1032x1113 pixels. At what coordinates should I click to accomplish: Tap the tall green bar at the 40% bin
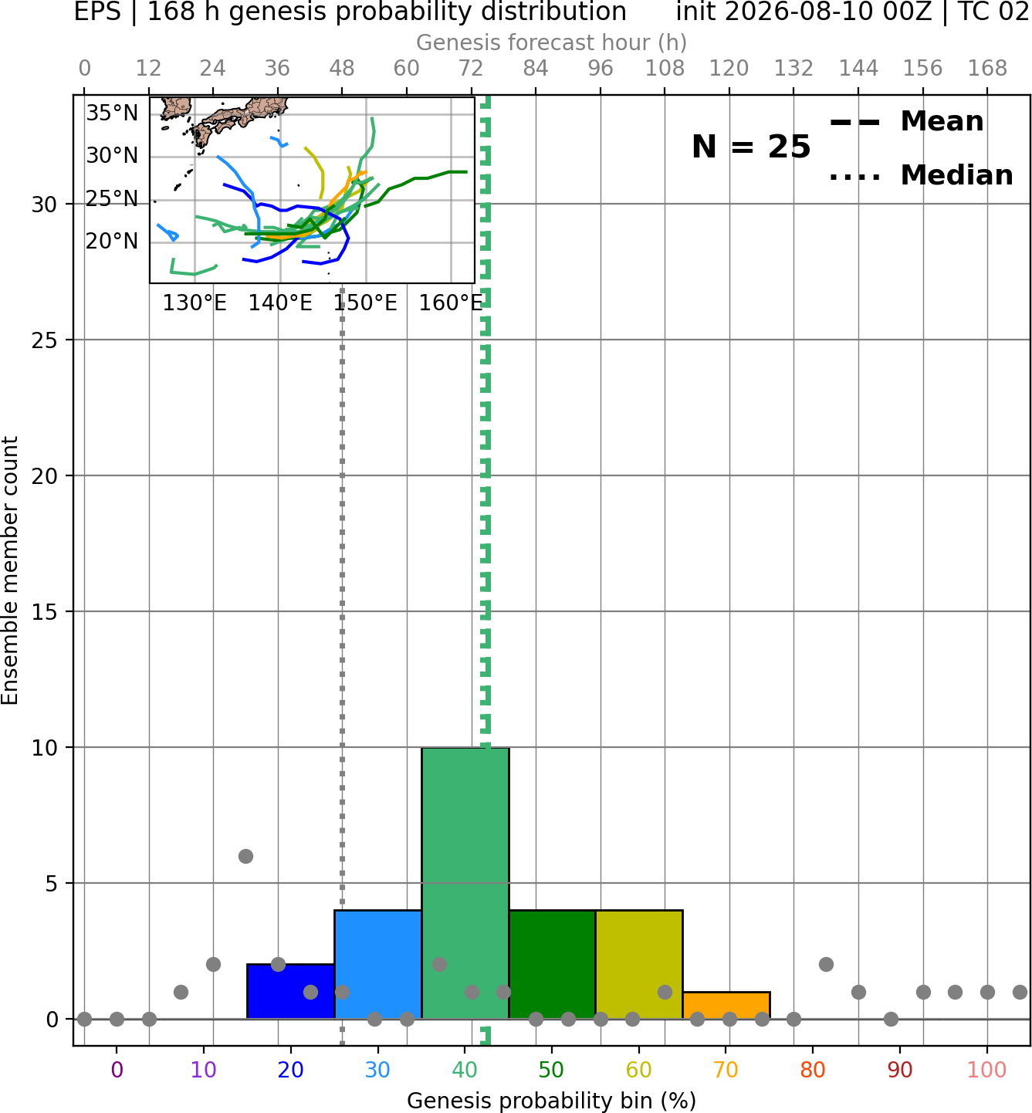pos(465,883)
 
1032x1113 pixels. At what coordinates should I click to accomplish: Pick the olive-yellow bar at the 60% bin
pos(639,965)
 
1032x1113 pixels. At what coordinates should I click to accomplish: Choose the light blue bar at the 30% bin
pos(377,965)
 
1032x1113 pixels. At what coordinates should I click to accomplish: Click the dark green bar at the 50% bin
pos(552,965)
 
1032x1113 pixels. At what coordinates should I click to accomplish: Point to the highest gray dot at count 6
pos(245,856)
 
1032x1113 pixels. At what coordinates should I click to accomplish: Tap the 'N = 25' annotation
pos(751,147)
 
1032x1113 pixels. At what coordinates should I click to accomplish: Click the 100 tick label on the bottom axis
pos(986,1070)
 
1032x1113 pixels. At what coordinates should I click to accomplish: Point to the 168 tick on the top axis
pos(987,69)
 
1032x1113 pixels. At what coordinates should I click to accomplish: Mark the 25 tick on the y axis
pos(45,340)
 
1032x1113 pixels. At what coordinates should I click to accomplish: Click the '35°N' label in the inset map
pos(112,113)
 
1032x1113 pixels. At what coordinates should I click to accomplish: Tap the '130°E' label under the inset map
pos(195,303)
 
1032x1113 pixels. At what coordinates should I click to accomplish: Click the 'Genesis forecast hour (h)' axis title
pos(552,42)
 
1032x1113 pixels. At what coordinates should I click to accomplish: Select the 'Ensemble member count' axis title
pos(10,570)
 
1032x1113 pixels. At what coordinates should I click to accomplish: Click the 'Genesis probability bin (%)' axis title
pos(552,1101)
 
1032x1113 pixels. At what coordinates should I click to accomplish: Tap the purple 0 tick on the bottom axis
pos(117,1070)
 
